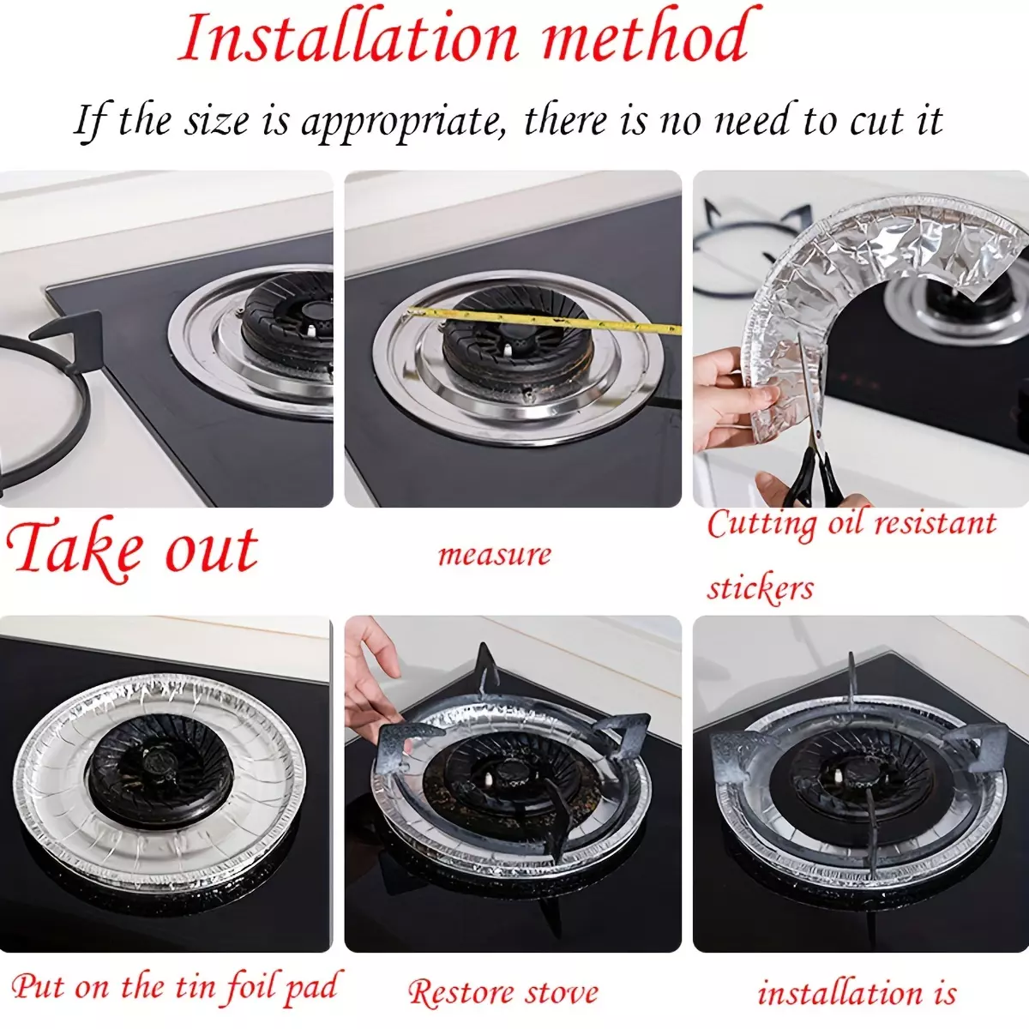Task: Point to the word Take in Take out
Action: coord(75,549)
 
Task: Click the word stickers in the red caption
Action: coord(760,588)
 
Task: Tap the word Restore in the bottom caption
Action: coord(459,990)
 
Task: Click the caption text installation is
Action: coord(857,991)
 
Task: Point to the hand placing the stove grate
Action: coord(374,678)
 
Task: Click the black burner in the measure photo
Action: coord(518,353)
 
